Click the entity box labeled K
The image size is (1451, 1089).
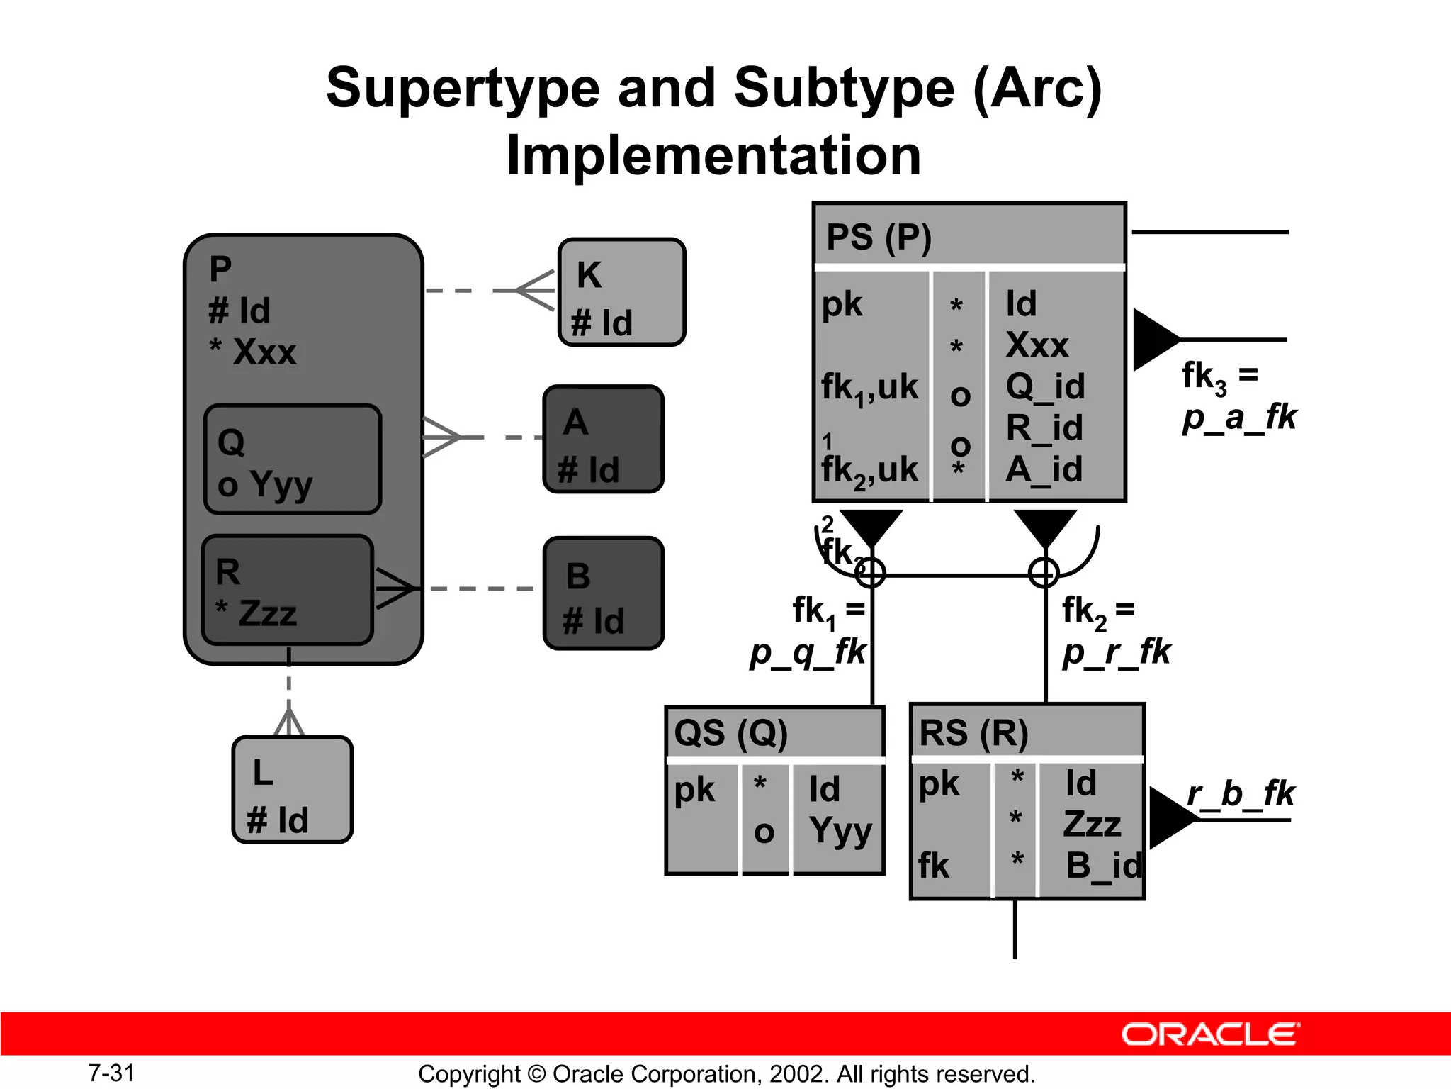(621, 292)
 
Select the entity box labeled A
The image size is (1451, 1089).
(603, 439)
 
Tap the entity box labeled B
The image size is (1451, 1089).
(603, 593)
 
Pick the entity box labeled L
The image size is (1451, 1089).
(292, 789)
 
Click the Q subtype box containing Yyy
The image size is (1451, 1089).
(292, 459)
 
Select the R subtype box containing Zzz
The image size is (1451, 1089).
(287, 590)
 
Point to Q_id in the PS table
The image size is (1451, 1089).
(1045, 386)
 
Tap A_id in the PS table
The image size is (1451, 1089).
(1044, 469)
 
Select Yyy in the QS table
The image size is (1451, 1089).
(840, 830)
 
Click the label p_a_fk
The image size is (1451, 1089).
(1239, 417)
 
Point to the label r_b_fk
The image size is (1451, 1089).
(1241, 794)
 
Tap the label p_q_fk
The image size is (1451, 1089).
(808, 652)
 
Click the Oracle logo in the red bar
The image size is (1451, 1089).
(1210, 1034)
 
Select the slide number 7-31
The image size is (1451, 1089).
(111, 1073)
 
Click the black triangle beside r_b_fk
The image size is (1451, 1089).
(1169, 817)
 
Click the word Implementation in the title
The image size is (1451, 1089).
(713, 155)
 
